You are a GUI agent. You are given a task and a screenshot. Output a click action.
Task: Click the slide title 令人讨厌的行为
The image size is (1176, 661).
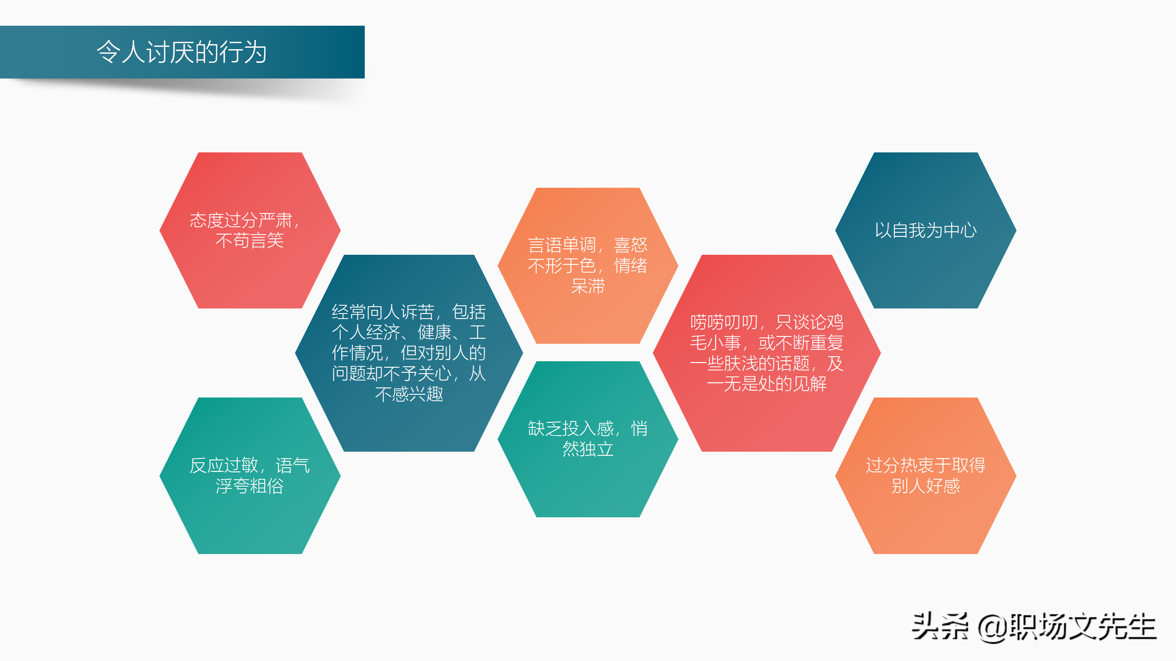pyautogui.click(x=181, y=51)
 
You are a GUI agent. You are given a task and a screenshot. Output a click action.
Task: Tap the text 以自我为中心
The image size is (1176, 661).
pyautogui.click(x=925, y=230)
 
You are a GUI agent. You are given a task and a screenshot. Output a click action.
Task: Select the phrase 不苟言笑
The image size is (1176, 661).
pyautogui.click(x=249, y=241)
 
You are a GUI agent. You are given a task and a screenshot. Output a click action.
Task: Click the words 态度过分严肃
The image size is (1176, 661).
pyautogui.click(x=241, y=220)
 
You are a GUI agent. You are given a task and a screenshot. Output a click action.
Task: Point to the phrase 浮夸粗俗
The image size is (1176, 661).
pyautogui.click(x=249, y=486)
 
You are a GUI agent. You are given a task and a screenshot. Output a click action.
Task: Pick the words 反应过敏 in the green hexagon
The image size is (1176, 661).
pyautogui.click(x=224, y=465)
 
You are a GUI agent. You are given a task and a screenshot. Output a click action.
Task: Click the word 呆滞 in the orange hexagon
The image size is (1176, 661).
pyautogui.click(x=588, y=286)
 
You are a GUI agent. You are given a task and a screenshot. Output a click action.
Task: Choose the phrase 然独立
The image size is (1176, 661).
pyautogui.click(x=588, y=449)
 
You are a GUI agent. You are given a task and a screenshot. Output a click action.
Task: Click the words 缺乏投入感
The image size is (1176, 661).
pyautogui.click(x=571, y=429)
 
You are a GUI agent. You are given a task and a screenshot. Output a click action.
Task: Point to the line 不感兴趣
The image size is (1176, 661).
pyautogui.click(x=409, y=394)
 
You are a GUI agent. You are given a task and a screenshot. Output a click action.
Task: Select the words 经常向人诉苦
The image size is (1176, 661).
pyautogui.click(x=383, y=312)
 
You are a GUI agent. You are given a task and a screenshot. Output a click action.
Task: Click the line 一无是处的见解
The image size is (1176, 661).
pyautogui.click(x=767, y=384)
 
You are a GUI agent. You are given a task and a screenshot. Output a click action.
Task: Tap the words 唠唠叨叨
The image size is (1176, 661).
pyautogui.click(x=724, y=322)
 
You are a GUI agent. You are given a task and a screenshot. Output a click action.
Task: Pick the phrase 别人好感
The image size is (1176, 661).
pyautogui.click(x=925, y=486)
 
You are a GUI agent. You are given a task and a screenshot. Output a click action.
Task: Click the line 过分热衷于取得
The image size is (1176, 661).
pyautogui.click(x=925, y=465)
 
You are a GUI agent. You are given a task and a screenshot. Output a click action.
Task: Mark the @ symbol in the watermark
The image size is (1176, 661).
pyautogui.click(x=992, y=628)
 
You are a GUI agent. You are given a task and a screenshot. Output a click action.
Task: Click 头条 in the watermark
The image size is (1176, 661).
pyautogui.click(x=940, y=626)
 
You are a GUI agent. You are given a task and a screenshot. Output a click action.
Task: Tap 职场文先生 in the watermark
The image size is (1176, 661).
pyautogui.click(x=1082, y=626)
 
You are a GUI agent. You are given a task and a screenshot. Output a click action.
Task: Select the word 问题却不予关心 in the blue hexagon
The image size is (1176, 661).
pyautogui.click(x=391, y=374)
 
